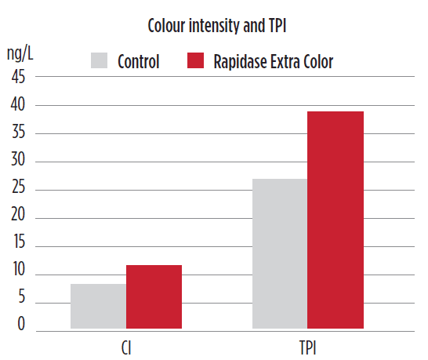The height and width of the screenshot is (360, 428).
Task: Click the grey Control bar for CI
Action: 98,306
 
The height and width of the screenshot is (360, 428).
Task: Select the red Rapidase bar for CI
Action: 154,297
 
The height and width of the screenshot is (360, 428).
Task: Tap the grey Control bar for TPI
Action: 280,254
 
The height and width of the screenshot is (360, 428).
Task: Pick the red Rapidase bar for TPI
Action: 336,220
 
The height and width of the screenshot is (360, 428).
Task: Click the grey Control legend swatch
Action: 99,60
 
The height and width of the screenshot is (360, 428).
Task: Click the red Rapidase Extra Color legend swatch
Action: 195,60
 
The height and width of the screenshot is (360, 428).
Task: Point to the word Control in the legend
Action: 139,61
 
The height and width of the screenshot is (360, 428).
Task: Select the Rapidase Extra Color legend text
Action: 274,62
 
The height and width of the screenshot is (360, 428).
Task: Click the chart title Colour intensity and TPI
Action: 217,26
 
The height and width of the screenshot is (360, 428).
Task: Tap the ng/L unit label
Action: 20,53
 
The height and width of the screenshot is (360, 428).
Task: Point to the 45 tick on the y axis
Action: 18,77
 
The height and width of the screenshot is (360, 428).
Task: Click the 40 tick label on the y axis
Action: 18,104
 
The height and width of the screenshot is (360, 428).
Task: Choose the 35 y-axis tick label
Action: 18,133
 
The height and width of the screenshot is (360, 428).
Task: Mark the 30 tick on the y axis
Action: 18,159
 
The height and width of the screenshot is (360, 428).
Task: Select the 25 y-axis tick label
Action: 18,187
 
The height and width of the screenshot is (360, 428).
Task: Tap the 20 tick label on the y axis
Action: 18,214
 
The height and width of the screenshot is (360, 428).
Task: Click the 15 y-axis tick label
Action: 19,242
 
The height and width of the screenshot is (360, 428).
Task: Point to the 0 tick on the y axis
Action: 21,324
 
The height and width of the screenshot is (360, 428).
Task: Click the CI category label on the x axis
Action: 126,348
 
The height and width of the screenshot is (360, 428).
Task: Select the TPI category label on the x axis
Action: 308,348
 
